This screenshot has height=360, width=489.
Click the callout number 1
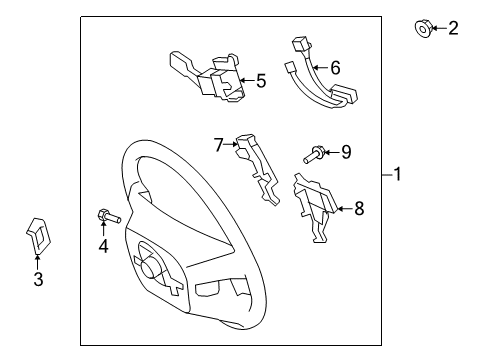click(x=397, y=174)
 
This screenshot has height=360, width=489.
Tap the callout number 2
click(x=453, y=28)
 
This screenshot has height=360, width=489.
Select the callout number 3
click(x=38, y=279)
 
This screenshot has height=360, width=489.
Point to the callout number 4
click(x=103, y=246)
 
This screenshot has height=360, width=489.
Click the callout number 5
click(x=261, y=81)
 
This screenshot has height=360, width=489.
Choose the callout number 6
click(x=335, y=68)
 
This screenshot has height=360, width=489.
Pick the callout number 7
click(x=218, y=145)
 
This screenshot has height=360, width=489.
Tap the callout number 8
click(x=359, y=209)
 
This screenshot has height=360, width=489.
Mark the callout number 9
click(x=346, y=152)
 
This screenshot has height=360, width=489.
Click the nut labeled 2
click(x=423, y=29)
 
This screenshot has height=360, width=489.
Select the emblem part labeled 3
click(x=38, y=236)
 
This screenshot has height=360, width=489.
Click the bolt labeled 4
click(x=109, y=216)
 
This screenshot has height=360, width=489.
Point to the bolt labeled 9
click(x=314, y=155)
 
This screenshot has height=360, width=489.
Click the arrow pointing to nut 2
click(x=440, y=28)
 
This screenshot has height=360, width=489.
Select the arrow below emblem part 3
click(x=37, y=262)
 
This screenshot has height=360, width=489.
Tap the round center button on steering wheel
click(x=149, y=268)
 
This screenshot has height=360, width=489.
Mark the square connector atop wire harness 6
click(x=300, y=43)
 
